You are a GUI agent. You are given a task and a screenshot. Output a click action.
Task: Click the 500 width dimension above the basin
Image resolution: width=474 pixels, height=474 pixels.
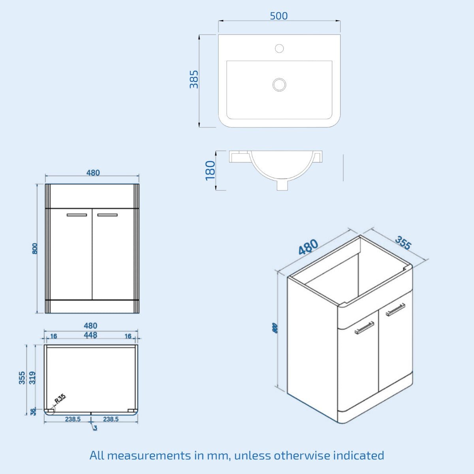[278, 16]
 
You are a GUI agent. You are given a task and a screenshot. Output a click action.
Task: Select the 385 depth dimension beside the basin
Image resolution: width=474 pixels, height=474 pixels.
[194, 79]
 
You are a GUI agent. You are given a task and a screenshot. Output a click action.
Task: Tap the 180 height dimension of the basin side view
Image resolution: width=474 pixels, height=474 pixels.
[211, 170]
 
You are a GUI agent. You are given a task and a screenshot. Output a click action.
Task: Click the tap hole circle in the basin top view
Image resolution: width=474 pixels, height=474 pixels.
[279, 49]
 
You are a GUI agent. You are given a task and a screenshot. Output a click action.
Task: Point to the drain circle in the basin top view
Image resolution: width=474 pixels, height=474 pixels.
[279, 85]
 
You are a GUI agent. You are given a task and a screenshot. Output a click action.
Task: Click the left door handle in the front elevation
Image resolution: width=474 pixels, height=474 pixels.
[77, 215]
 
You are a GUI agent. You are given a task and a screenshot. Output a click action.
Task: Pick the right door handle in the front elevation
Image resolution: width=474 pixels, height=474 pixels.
[107, 215]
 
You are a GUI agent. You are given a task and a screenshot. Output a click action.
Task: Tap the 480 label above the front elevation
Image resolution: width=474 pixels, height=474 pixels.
[93, 173]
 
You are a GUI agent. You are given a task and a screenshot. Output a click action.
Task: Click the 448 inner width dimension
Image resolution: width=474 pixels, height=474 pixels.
[90, 335]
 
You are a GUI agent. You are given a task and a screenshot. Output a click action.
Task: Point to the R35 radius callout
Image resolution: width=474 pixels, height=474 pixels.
[60, 399]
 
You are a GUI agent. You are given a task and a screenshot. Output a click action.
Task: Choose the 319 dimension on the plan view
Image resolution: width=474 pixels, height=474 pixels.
[33, 378]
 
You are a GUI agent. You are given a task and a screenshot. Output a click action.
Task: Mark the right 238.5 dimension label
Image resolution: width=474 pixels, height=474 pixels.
[111, 419]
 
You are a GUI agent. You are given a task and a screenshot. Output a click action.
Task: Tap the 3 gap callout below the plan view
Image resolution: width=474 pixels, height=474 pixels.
[95, 428]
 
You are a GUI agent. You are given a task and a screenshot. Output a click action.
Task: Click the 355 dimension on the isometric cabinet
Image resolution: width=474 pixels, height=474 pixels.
[403, 243]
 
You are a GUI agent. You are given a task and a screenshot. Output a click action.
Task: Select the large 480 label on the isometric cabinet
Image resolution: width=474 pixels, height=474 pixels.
[308, 247]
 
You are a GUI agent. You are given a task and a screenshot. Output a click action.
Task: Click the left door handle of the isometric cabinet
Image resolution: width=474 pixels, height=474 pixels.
[364, 328]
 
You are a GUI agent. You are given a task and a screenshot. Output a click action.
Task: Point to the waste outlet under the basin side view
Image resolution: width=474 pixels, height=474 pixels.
[282, 185]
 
